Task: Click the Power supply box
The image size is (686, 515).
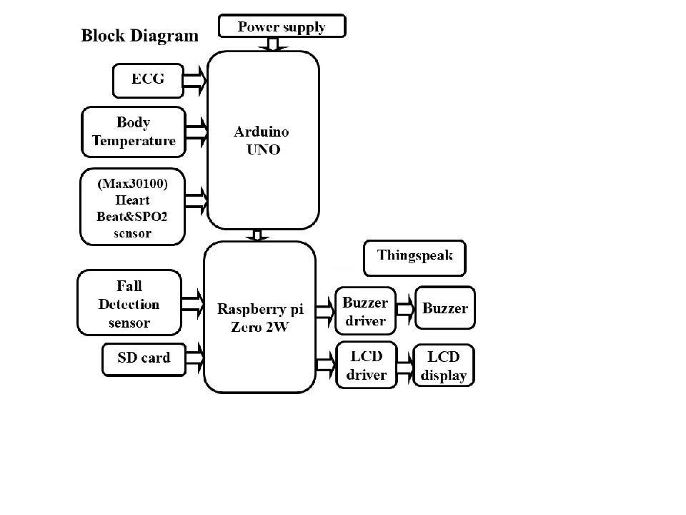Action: click(x=282, y=27)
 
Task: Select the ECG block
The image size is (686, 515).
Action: click(x=148, y=80)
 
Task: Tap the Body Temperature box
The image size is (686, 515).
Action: click(x=134, y=132)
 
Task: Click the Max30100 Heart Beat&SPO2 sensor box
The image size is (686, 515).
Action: click(x=133, y=205)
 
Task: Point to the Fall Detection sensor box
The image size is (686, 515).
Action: click(x=129, y=304)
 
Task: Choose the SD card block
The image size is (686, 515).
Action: click(x=144, y=358)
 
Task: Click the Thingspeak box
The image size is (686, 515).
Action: click(x=414, y=258)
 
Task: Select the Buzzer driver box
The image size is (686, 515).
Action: click(x=366, y=311)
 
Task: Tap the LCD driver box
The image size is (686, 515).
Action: click(x=366, y=366)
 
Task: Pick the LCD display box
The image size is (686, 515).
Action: click(x=444, y=366)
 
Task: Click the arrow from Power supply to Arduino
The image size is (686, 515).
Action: click(x=273, y=44)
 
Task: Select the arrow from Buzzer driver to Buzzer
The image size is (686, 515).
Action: click(x=405, y=309)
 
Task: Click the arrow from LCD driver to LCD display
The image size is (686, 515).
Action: click(x=404, y=365)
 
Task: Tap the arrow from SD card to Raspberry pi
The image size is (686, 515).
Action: click(x=194, y=355)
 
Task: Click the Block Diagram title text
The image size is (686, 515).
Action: click(x=139, y=36)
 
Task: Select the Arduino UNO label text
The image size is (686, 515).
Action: click(x=262, y=141)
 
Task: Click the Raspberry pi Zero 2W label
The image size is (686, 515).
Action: click(x=260, y=318)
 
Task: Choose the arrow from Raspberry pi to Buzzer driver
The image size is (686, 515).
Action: click(x=325, y=310)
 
